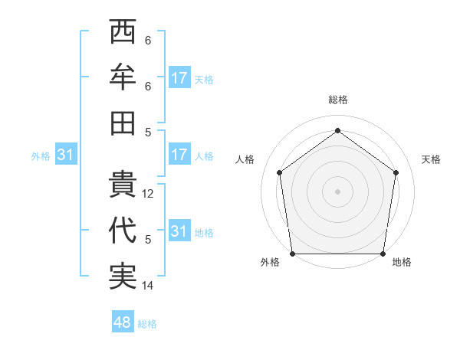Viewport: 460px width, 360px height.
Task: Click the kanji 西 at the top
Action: click(x=123, y=33)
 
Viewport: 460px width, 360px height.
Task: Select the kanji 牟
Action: click(x=123, y=77)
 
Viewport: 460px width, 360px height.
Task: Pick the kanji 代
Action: click(x=123, y=231)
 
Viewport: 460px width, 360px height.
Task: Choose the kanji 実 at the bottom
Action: click(x=123, y=276)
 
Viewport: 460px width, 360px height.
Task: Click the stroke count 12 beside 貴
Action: click(x=149, y=195)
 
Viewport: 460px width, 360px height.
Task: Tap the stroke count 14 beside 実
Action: click(x=149, y=286)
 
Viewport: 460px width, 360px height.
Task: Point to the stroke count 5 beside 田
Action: click(x=148, y=131)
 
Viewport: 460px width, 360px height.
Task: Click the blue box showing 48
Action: click(x=123, y=322)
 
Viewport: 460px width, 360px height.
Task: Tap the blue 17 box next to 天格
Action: click(x=179, y=78)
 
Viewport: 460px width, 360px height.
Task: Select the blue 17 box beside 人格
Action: click(x=179, y=155)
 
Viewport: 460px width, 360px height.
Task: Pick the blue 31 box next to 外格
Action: click(x=66, y=155)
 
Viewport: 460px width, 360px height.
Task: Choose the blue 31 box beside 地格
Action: click(x=179, y=231)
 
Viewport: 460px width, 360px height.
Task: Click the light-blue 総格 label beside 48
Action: click(x=147, y=324)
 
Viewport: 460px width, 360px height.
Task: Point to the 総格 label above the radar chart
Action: click(x=337, y=100)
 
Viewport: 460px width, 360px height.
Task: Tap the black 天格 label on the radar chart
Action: click(x=432, y=159)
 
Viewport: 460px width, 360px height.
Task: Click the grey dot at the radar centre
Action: click(x=337, y=191)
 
